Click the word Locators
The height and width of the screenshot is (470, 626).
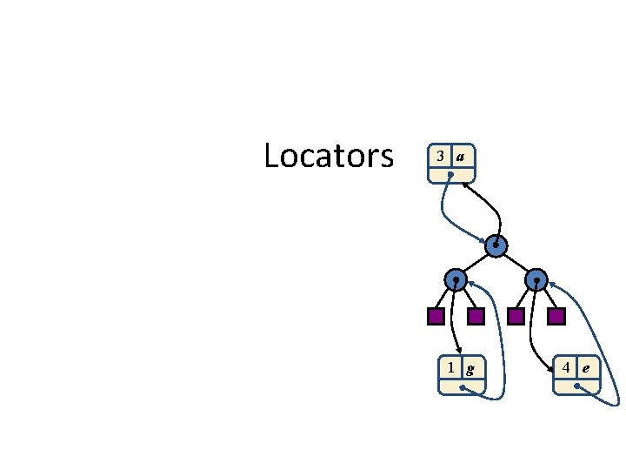tap(329, 157)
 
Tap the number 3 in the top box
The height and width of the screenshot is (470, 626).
tap(441, 157)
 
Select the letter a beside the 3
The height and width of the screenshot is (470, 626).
tap(461, 157)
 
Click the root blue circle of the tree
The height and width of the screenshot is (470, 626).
tap(496, 246)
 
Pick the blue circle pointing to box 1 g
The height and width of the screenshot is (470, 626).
tap(455, 280)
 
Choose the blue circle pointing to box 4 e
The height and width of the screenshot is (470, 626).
tap(537, 280)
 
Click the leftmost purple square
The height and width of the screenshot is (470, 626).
tap(436, 316)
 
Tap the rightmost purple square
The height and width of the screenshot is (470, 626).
tap(556, 316)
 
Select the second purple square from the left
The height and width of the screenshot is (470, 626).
tap(476, 316)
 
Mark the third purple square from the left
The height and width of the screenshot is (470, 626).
tap(516, 316)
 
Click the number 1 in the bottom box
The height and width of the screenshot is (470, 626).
tap(450, 367)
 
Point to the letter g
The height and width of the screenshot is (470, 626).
tap(470, 368)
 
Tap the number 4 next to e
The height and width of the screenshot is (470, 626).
tap(566, 367)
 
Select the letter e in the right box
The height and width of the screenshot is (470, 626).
tap(586, 367)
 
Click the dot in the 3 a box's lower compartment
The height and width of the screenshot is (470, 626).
tap(450, 175)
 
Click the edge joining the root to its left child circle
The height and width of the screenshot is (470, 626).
tap(476, 263)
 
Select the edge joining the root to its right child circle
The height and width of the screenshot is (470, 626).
tap(516, 263)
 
